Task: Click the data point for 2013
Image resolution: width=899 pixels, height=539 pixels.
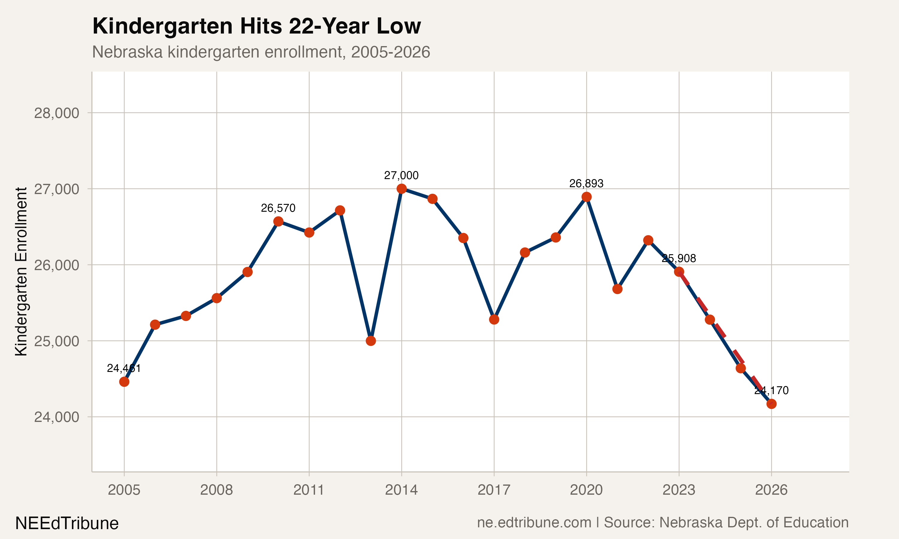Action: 371,341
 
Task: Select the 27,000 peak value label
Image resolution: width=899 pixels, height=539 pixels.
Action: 401,175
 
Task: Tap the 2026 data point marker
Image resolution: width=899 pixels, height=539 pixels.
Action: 771,404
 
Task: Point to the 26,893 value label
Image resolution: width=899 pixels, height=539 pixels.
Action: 586,184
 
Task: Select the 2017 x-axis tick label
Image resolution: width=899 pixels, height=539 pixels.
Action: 494,490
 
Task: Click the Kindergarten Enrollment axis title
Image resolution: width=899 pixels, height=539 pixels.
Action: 21,271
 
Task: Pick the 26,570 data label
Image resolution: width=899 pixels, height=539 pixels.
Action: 278,208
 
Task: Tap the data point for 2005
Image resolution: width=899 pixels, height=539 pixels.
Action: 124,382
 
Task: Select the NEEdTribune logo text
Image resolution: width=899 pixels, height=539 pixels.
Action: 67,523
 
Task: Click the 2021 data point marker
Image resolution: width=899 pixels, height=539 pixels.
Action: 617,289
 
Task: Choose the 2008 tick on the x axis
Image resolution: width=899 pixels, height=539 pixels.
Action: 217,490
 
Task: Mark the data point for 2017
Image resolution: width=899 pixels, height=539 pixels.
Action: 494,320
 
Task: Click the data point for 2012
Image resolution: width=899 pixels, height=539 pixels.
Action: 340,210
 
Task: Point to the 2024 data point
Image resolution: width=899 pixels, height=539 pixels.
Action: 710,320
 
